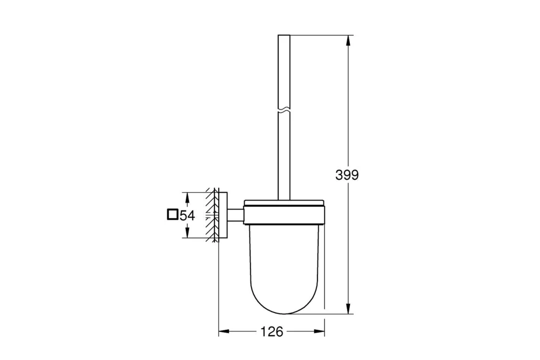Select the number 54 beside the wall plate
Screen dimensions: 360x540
(x=187, y=216)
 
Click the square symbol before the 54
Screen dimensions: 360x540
(x=172, y=215)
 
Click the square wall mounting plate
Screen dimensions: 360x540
(x=224, y=215)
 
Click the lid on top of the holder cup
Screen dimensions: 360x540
(x=284, y=203)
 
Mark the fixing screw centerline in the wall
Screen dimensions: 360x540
(x=212, y=215)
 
